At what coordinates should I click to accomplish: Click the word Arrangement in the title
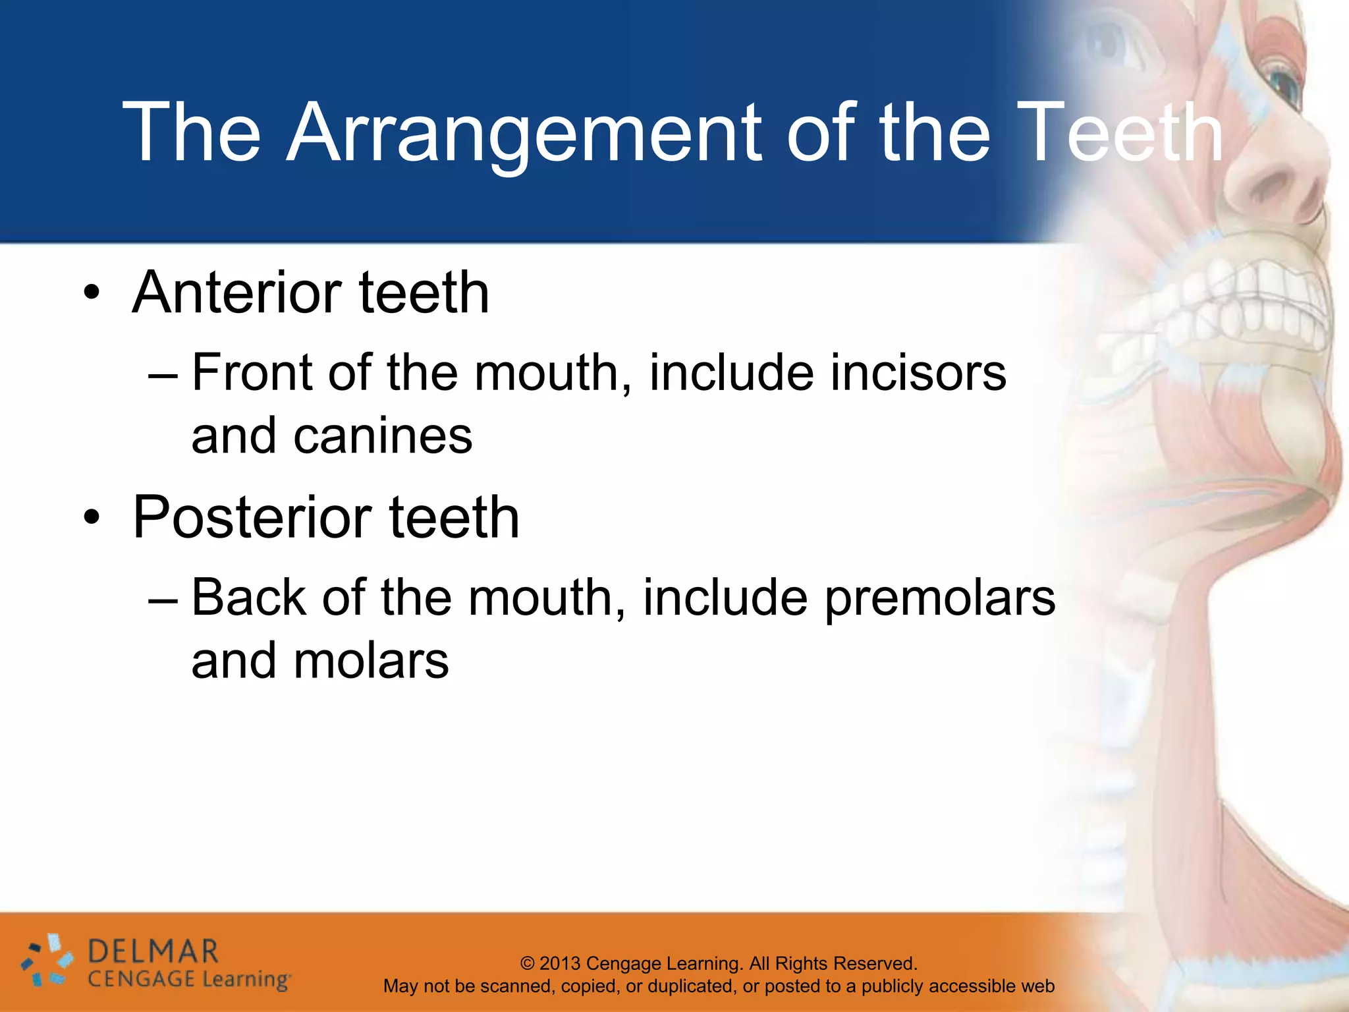pyautogui.click(x=524, y=134)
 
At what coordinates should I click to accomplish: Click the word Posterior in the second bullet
pyautogui.click(x=252, y=518)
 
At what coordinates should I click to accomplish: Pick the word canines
pyautogui.click(x=383, y=436)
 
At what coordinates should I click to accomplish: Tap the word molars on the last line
pyautogui.click(x=371, y=661)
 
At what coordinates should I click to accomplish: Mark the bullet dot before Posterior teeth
pyautogui.click(x=92, y=518)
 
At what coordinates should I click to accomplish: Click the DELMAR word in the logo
pyautogui.click(x=153, y=952)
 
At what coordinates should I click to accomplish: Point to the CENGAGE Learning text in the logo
pyautogui.click(x=188, y=980)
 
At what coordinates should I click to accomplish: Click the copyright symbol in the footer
pyautogui.click(x=528, y=963)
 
